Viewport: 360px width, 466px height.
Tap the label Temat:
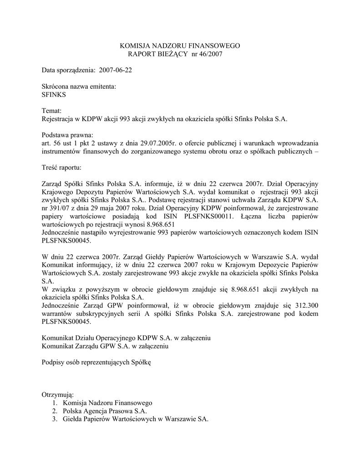(x=51, y=111)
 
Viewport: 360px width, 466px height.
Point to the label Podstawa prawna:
(x=67, y=135)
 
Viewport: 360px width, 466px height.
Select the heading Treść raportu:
(x=61, y=167)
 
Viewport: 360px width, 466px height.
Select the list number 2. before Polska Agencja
(x=55, y=411)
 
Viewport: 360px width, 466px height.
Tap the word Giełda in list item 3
(x=73, y=419)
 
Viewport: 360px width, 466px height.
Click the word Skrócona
(x=55, y=86)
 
